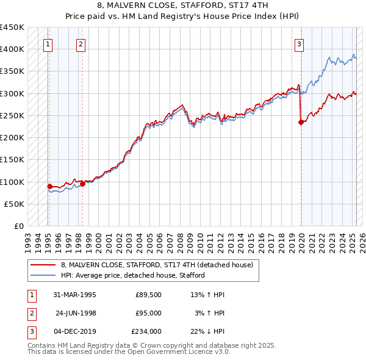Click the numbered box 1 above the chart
tap(48, 43)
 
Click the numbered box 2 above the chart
tap(81, 43)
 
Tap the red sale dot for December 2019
tap(301, 122)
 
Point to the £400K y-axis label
tap(12, 49)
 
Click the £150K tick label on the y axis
tap(12, 160)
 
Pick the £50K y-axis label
tap(14, 204)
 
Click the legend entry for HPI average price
tap(132, 275)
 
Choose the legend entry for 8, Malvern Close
tap(160, 265)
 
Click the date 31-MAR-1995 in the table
tap(75, 295)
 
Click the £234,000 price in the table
tap(146, 331)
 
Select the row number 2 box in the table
tap(31, 313)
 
